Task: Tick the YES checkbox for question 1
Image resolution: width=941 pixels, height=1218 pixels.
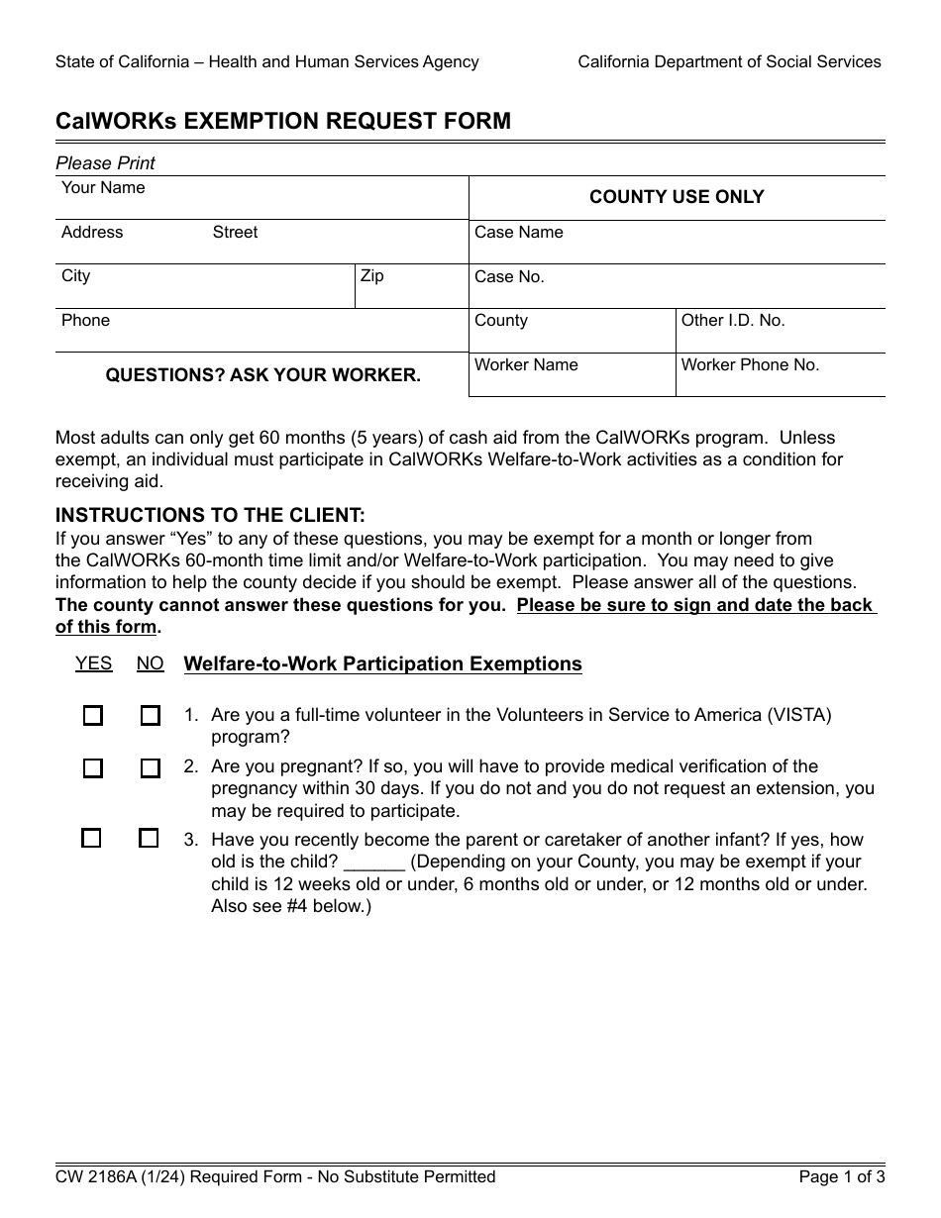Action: point(92,716)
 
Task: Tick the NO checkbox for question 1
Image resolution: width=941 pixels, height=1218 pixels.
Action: point(150,716)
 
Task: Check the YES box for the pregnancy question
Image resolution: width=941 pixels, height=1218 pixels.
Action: point(92,768)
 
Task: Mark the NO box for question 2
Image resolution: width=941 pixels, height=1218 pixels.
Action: point(150,768)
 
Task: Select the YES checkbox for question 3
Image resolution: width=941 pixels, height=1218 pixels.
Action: point(91,839)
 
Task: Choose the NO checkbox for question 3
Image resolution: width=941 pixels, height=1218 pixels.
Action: point(149,839)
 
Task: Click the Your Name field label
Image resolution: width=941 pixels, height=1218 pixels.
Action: point(103,188)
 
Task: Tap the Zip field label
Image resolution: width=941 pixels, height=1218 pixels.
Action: point(372,276)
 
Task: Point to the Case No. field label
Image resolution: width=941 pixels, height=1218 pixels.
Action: point(509,277)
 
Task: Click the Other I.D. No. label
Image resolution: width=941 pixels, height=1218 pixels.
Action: point(733,321)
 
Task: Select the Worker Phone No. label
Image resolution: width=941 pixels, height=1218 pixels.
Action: point(750,365)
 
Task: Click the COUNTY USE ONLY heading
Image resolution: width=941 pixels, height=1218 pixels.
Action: point(677,197)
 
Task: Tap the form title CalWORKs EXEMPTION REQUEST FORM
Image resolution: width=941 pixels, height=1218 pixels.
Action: point(283,122)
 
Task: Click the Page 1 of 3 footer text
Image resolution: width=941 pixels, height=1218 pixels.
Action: point(842,1177)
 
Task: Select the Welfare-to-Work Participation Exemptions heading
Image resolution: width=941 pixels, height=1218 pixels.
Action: point(382,664)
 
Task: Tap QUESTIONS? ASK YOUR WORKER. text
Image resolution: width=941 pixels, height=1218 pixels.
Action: point(262,376)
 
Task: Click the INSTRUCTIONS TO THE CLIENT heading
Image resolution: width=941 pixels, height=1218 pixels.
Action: point(210,516)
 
